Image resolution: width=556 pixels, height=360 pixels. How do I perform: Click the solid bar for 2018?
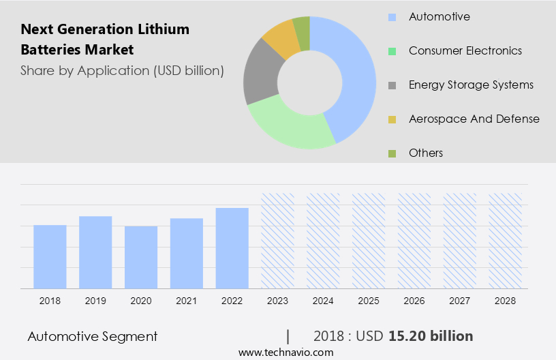click(50, 256)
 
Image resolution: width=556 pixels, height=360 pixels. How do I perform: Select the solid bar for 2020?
click(141, 257)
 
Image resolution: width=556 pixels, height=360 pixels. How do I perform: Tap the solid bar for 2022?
click(232, 248)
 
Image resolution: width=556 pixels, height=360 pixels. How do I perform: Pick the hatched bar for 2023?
click(278, 240)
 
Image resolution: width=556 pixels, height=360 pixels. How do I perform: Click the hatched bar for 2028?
click(506, 240)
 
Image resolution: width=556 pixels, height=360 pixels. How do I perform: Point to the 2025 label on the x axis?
click(369, 300)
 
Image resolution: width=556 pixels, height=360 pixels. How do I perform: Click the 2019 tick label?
click(95, 300)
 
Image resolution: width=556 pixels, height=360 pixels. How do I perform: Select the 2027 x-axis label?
click(460, 300)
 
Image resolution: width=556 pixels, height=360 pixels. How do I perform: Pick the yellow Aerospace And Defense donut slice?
click(280, 38)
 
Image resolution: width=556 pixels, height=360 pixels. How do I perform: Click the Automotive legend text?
click(439, 16)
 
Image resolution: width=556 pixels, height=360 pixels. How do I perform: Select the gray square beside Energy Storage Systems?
click(392, 85)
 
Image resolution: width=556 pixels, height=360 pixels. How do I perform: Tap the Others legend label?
click(425, 153)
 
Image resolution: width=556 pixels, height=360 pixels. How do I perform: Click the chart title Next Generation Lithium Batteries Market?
click(105, 40)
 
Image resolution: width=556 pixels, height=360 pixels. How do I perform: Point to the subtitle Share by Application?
click(122, 70)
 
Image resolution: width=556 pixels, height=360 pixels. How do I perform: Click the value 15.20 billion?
click(431, 336)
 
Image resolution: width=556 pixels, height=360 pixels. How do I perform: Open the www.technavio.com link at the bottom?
click(286, 352)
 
